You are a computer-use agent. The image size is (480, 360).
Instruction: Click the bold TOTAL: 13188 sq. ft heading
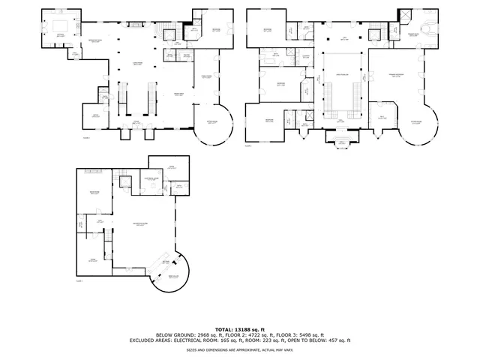[240, 329]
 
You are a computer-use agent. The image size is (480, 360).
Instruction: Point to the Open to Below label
[342, 74]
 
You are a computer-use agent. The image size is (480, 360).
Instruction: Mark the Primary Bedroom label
[397, 76]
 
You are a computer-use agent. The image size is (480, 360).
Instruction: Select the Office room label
[95, 115]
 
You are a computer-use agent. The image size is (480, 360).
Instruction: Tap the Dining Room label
[179, 94]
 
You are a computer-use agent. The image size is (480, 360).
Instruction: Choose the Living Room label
[137, 63]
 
